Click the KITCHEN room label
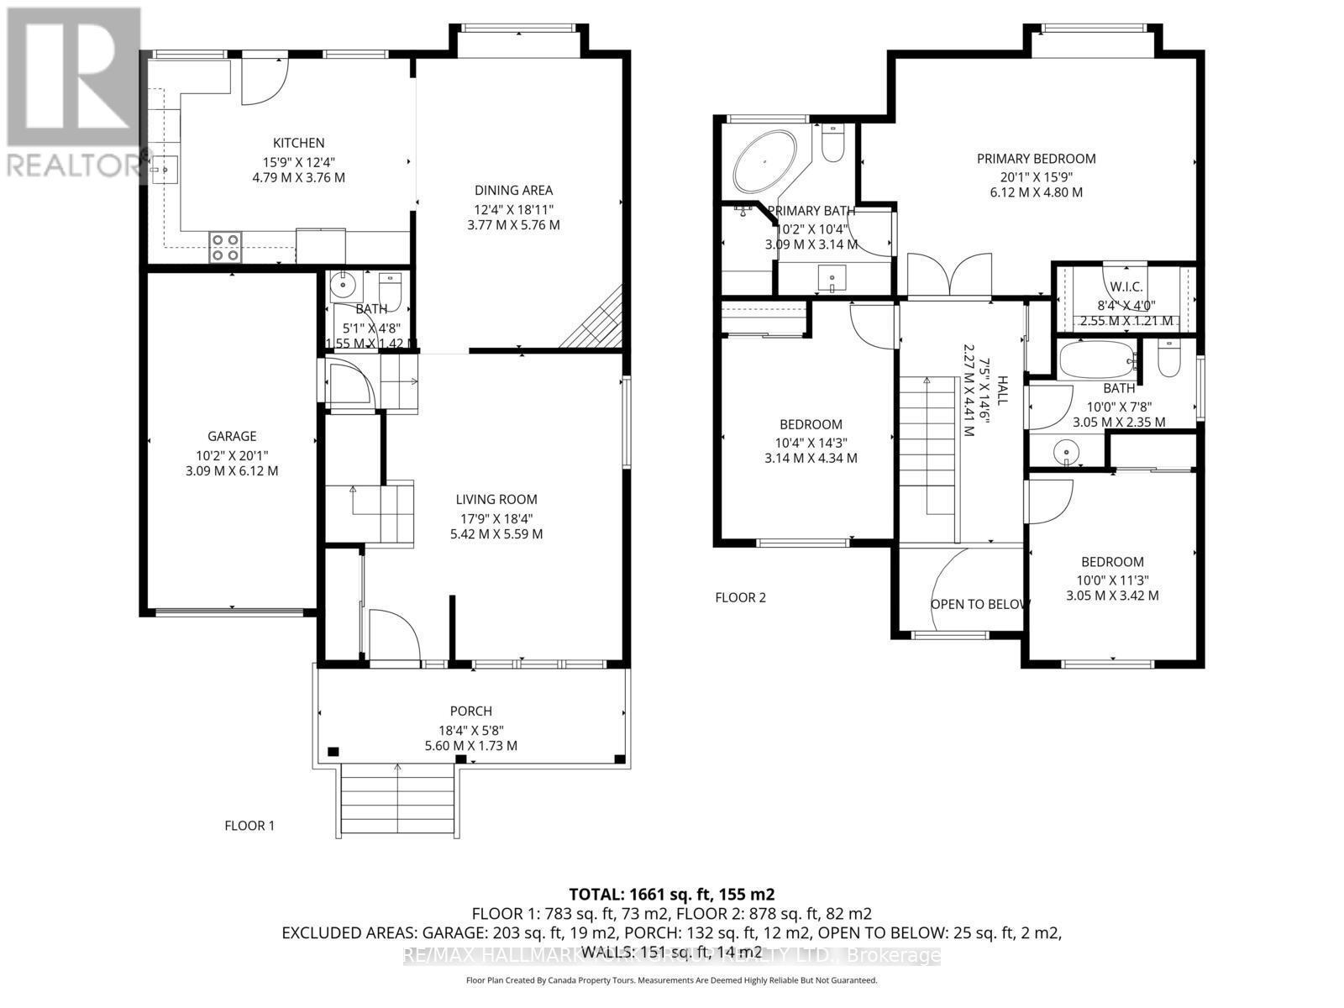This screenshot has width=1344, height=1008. click(x=298, y=143)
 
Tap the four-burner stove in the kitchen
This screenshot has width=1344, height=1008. click(x=225, y=247)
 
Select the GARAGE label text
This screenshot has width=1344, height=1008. click(x=232, y=436)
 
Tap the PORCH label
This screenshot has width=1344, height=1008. click(x=470, y=711)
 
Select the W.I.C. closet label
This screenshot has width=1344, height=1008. click(x=1126, y=287)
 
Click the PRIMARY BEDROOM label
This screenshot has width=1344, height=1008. click(x=1036, y=158)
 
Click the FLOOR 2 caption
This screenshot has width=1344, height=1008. click(x=740, y=598)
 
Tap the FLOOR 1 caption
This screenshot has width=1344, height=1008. click(x=249, y=826)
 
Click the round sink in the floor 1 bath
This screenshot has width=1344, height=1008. click(x=342, y=286)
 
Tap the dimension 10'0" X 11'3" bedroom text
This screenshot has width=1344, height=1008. click(x=1112, y=580)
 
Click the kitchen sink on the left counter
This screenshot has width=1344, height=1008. click(x=162, y=169)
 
